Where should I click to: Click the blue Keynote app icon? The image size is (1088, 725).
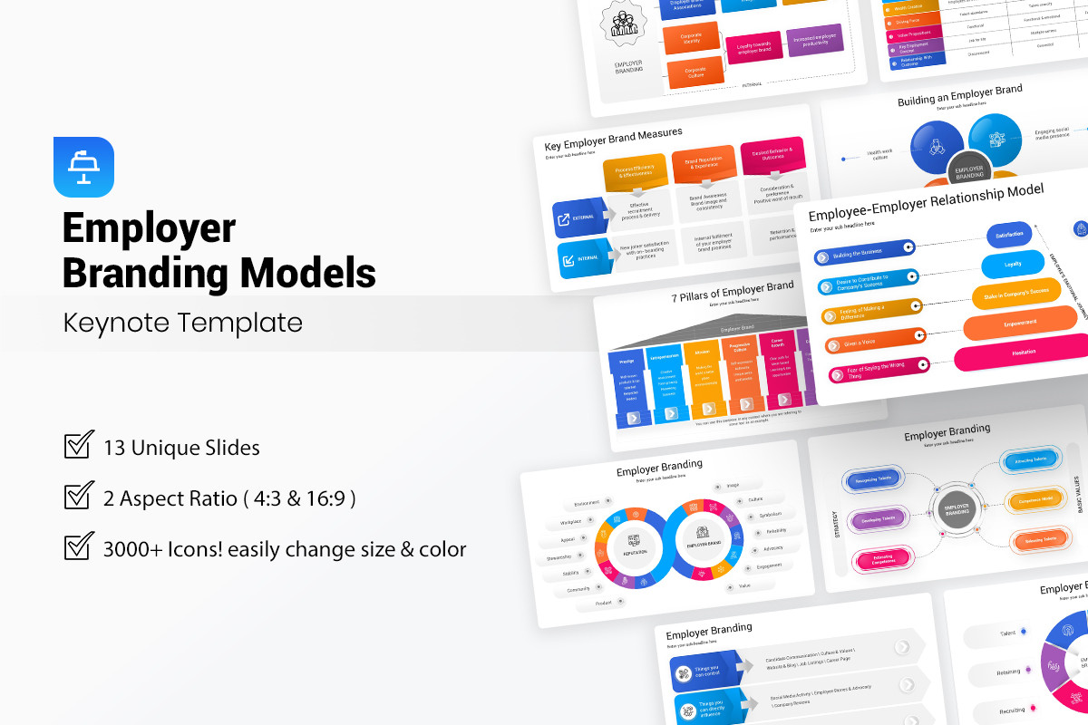[83, 167]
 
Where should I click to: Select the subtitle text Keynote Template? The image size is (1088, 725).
[182, 323]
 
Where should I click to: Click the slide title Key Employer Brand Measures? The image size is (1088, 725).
[612, 140]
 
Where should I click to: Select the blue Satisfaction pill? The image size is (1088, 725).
[1009, 235]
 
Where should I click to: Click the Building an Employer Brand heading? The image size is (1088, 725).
[959, 94]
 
